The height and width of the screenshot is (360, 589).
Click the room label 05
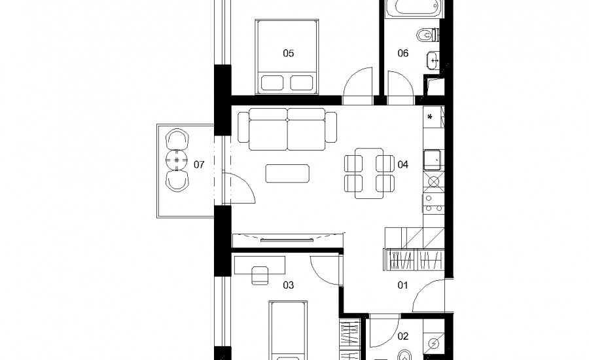pos(288,54)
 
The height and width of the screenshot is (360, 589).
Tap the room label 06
pos(402,54)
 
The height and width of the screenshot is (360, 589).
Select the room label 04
pos(402,164)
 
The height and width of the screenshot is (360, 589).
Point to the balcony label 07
pos(199,164)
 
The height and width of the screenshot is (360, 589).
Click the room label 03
pos(288,285)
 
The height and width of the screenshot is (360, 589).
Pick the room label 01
pos(402,285)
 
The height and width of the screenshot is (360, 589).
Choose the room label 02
pos(402,336)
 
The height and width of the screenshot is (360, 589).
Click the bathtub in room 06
pos(412,9)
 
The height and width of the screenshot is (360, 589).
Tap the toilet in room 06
pos(428,35)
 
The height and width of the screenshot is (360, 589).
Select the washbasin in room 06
pos(433,60)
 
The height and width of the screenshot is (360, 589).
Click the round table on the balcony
pos(177,160)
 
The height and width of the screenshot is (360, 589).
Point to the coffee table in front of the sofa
pos(287,173)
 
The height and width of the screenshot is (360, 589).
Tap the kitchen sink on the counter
pos(433,160)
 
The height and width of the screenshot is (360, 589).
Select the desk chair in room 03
pos(260,275)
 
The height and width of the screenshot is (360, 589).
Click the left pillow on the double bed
pos(272,82)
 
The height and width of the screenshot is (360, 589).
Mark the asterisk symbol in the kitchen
pos(430,117)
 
